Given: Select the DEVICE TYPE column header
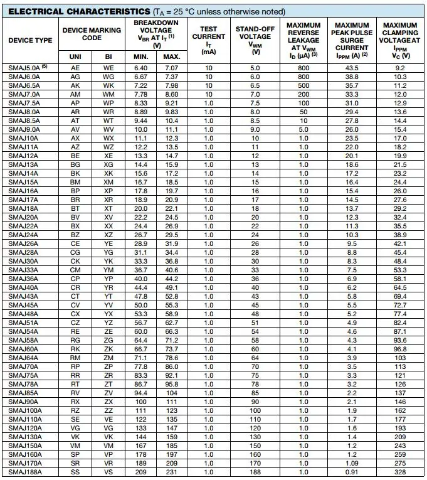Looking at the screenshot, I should (x=30, y=41).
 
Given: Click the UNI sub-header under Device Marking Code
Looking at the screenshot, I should (x=75, y=57).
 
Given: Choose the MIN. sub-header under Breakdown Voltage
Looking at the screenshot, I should (x=141, y=57).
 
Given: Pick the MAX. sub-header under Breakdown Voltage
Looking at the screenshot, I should (x=172, y=57).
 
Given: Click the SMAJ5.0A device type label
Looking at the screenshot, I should (x=25, y=67).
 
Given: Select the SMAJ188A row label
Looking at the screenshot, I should (x=24, y=472).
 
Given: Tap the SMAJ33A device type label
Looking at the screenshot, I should (x=23, y=270).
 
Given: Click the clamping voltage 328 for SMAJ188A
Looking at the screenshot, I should (x=400, y=472).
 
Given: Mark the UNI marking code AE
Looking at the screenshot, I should (x=75, y=67).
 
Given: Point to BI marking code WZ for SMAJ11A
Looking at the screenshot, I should (x=108, y=147).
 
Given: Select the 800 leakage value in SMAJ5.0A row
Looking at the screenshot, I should (x=303, y=67).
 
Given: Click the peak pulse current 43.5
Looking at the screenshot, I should (x=352, y=67).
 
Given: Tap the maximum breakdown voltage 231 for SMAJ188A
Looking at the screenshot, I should (x=172, y=472).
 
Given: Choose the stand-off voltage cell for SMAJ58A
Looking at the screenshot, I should (x=255, y=340).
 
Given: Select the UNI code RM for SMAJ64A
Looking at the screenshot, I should (x=75, y=358).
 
